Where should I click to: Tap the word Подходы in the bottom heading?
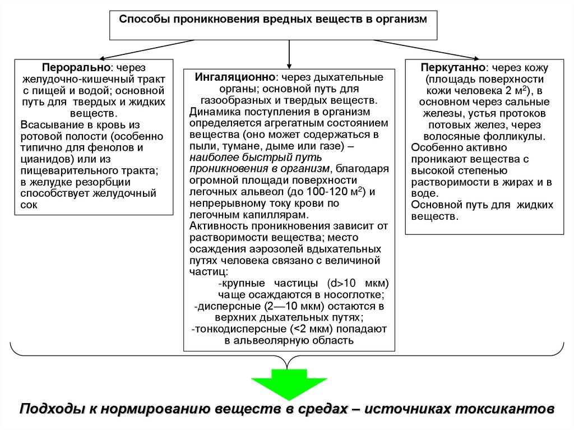[x=51, y=409]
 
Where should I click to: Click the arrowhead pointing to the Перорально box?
[x=103, y=58]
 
